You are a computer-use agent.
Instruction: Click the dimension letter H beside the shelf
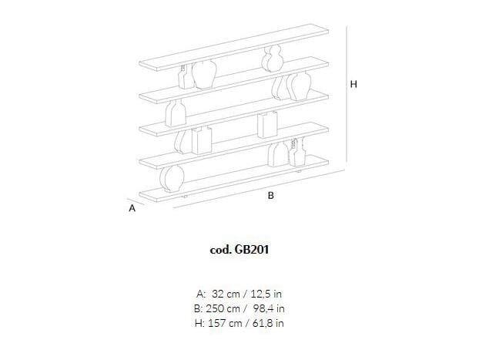coord(353,84)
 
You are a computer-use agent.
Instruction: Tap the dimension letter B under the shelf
coord(270,196)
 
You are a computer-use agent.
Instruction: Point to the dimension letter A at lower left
coord(132,208)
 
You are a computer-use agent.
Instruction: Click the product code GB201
coord(252,250)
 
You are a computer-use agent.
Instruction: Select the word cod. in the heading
coord(220,250)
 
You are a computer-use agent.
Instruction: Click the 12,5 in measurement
coord(266,294)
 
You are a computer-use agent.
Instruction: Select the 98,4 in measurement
coord(269,308)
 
